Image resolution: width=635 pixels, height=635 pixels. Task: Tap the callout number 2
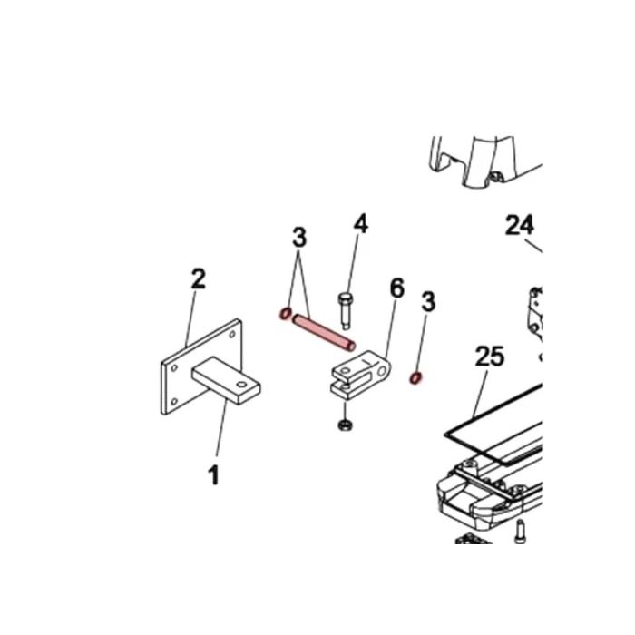point(198,278)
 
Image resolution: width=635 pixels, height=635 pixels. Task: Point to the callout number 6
point(397,288)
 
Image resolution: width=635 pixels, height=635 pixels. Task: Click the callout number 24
point(520,225)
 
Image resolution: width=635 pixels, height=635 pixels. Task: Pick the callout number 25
point(490,357)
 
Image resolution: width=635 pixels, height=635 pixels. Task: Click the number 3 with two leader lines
point(299,238)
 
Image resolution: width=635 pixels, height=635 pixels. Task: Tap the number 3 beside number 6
point(428,302)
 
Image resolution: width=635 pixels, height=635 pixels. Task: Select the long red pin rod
point(324,333)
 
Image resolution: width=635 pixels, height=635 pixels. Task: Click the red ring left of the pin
point(286,314)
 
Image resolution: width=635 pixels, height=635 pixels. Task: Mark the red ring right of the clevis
point(415,378)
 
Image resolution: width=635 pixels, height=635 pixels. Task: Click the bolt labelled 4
point(345,310)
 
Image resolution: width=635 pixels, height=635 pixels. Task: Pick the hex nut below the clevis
point(345,425)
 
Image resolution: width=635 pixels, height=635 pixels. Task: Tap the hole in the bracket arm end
point(241,385)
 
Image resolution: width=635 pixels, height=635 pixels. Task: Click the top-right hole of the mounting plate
point(232,335)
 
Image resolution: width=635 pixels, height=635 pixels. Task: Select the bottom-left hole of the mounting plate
point(174,402)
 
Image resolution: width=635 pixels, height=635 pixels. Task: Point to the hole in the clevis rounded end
point(382,370)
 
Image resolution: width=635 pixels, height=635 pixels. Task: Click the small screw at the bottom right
point(520,532)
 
